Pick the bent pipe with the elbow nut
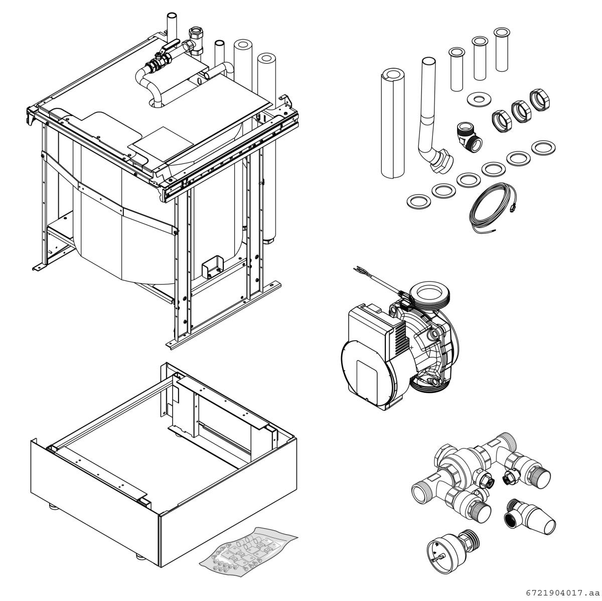pos(431,120)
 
